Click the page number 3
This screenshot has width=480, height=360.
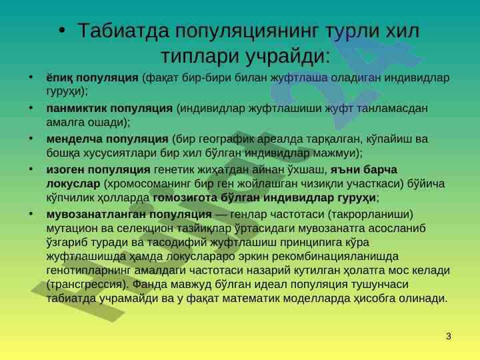[x=449, y=336]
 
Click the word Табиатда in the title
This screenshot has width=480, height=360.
[x=123, y=31]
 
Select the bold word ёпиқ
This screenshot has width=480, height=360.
[x=59, y=78]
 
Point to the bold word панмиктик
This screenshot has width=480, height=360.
[x=77, y=109]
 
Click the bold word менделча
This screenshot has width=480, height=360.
[x=75, y=139]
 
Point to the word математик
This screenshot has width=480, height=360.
[x=251, y=299]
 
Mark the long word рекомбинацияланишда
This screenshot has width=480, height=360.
[x=335, y=256]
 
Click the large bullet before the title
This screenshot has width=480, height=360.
[x=62, y=30]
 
